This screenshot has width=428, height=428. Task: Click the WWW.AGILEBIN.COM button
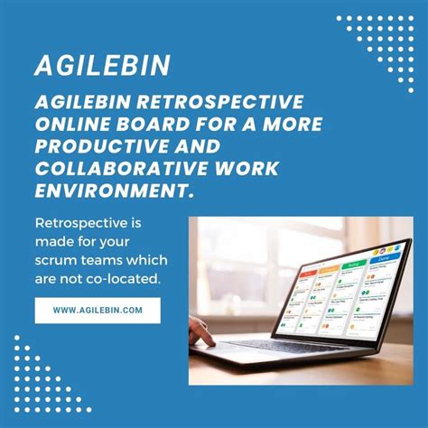tap(98, 311)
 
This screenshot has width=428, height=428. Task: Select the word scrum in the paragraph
tap(57, 260)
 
